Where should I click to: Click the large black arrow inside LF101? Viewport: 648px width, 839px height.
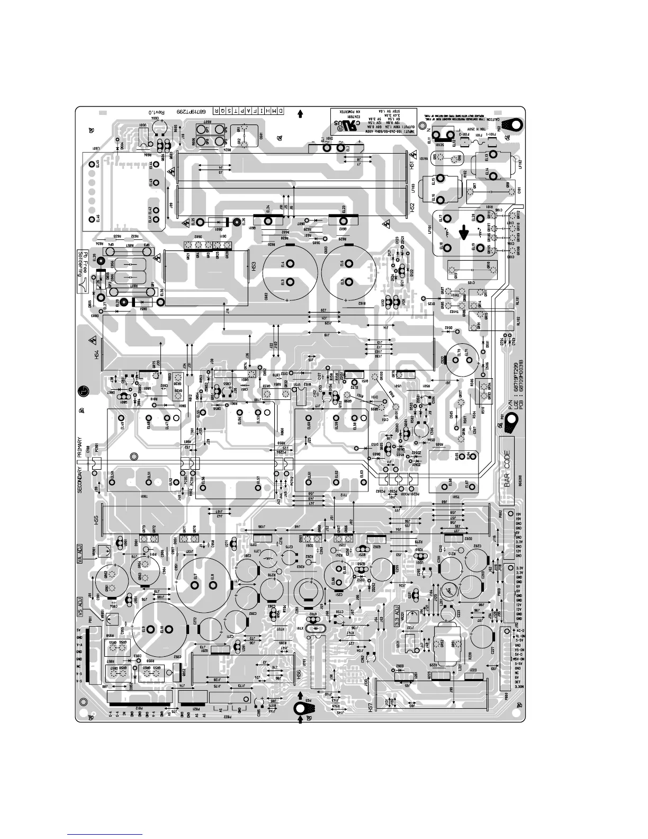pyautogui.click(x=464, y=231)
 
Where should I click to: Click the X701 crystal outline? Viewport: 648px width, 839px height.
pyautogui.click(x=314, y=628)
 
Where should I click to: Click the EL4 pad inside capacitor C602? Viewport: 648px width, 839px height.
pyautogui.click(x=283, y=264)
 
